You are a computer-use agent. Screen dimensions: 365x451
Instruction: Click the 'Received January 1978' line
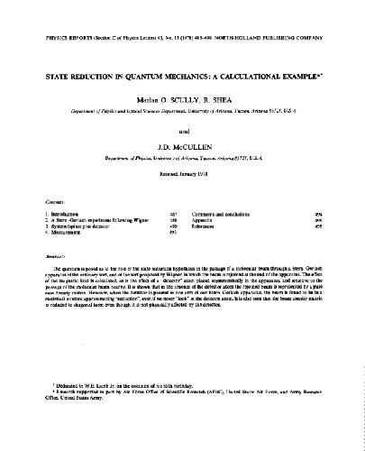[x=182, y=178]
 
